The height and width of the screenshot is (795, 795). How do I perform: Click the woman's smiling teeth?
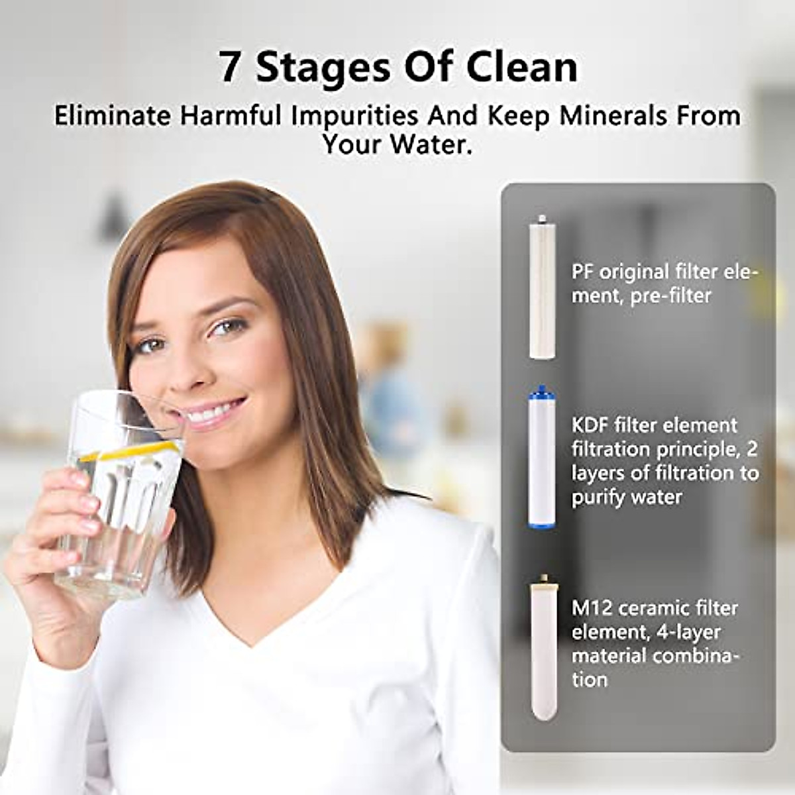pos(211,415)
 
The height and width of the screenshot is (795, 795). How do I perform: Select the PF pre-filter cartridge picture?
pos(542,290)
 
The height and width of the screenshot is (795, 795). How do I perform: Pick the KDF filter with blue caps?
pos(542,460)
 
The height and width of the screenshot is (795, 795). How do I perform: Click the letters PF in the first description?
pos(582,272)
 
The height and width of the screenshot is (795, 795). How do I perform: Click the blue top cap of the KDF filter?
pos(541,391)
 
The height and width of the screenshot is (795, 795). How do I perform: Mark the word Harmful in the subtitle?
pos(231,116)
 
